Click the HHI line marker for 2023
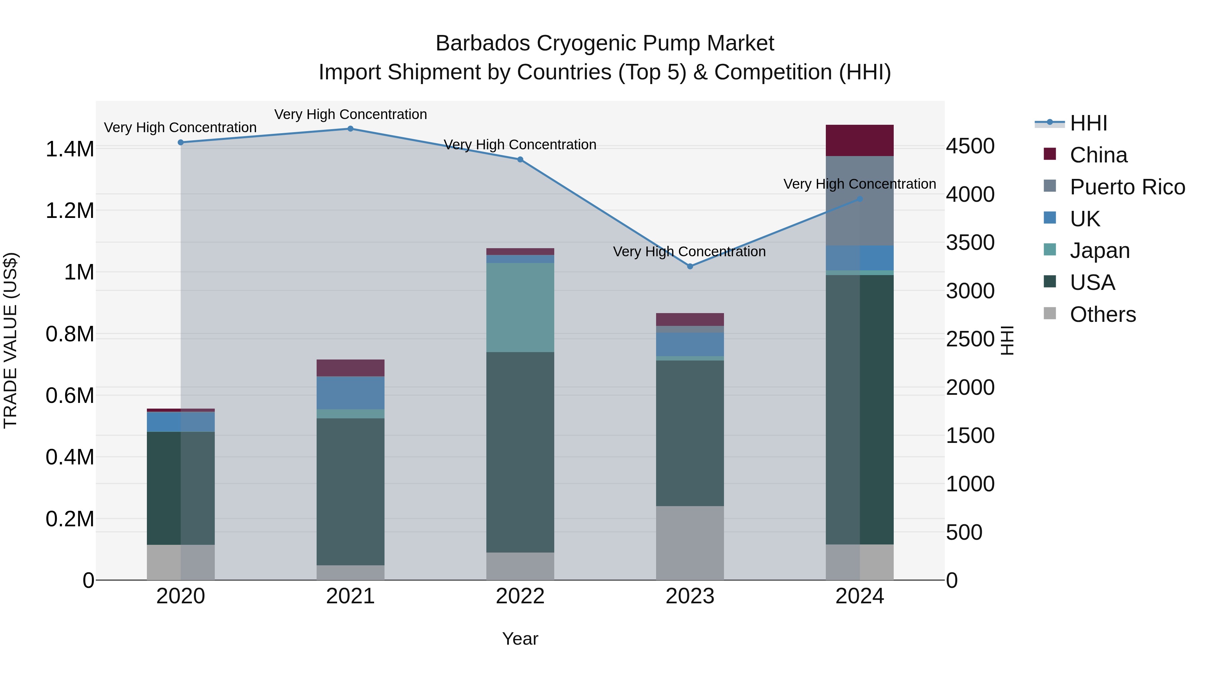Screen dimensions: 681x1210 coord(690,266)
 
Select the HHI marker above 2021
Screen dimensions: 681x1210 coord(351,129)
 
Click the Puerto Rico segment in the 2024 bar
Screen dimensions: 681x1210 coord(859,201)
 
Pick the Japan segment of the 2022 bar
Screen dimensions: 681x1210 coord(520,307)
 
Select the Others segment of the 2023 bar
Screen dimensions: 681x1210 coord(690,543)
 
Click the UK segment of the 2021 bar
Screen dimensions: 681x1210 coord(351,393)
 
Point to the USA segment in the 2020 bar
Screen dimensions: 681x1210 coord(181,488)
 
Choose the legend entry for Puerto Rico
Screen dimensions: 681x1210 coord(1127,187)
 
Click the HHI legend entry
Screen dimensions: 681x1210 coord(1088,123)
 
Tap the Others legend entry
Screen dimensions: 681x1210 coord(1102,314)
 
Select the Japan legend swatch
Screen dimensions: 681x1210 coord(1049,250)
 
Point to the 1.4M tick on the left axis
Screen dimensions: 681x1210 coord(70,149)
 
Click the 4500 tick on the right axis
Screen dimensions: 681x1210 coord(970,146)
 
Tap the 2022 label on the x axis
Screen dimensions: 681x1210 coord(520,596)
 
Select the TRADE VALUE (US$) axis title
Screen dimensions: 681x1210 coord(10,340)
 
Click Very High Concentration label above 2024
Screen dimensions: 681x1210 coord(859,184)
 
